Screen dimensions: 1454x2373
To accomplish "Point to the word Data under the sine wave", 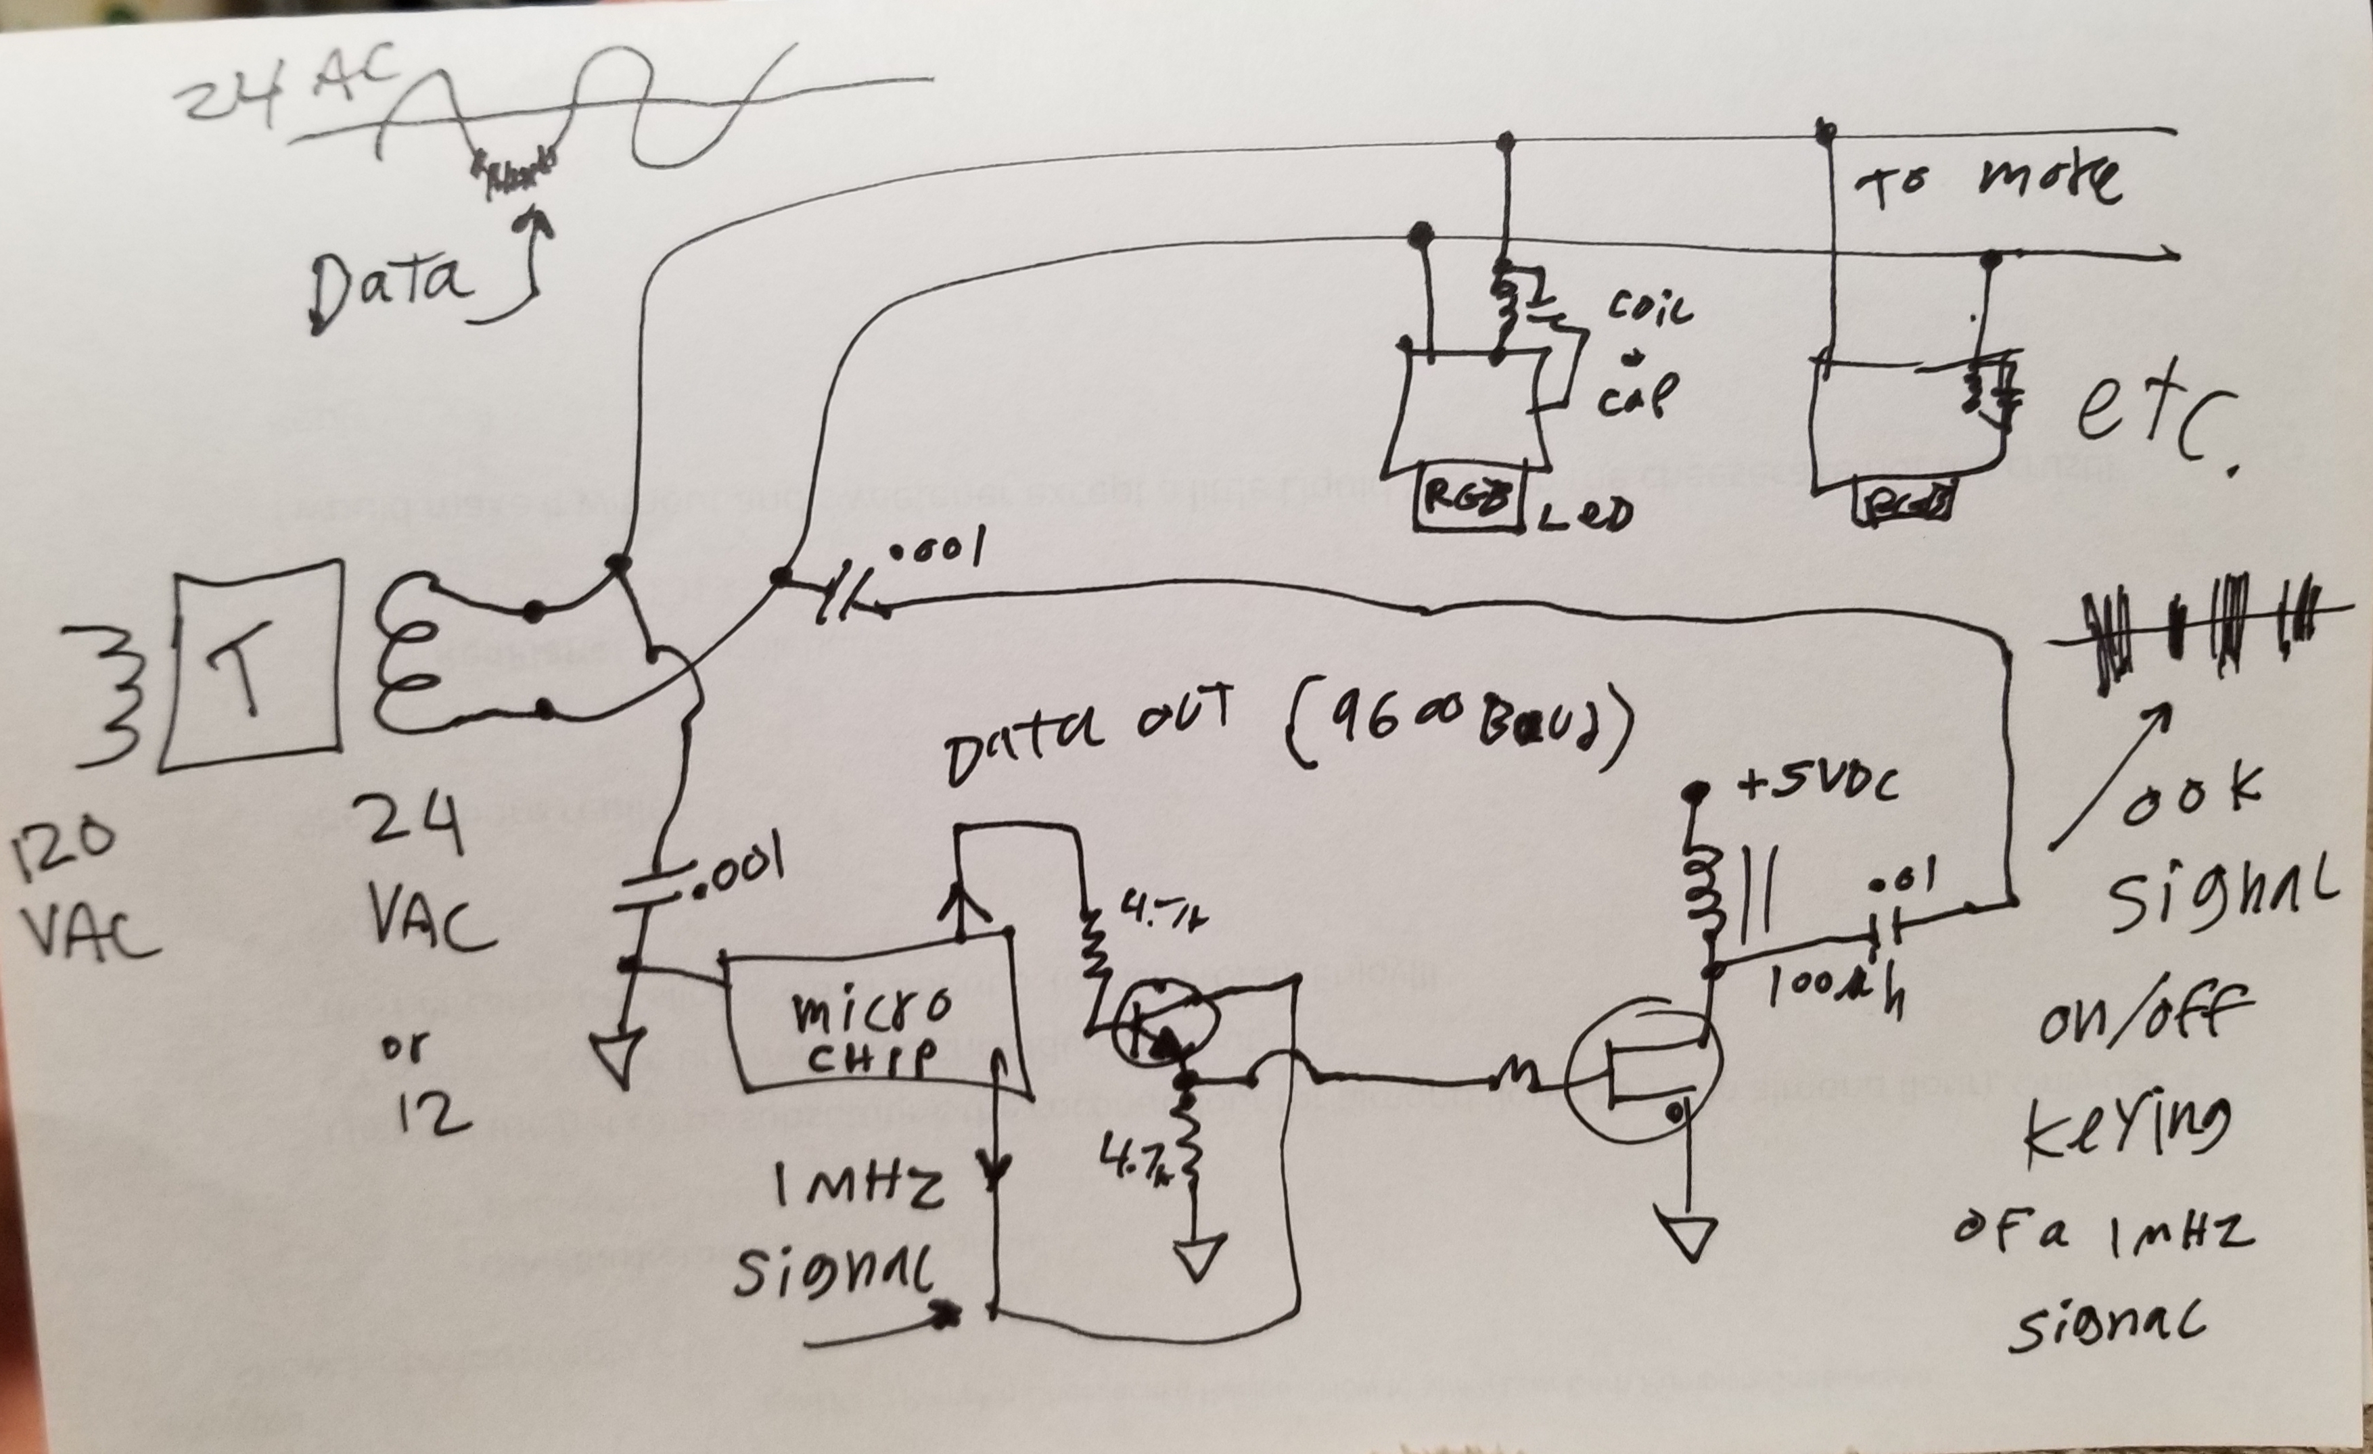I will [x=390, y=282].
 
